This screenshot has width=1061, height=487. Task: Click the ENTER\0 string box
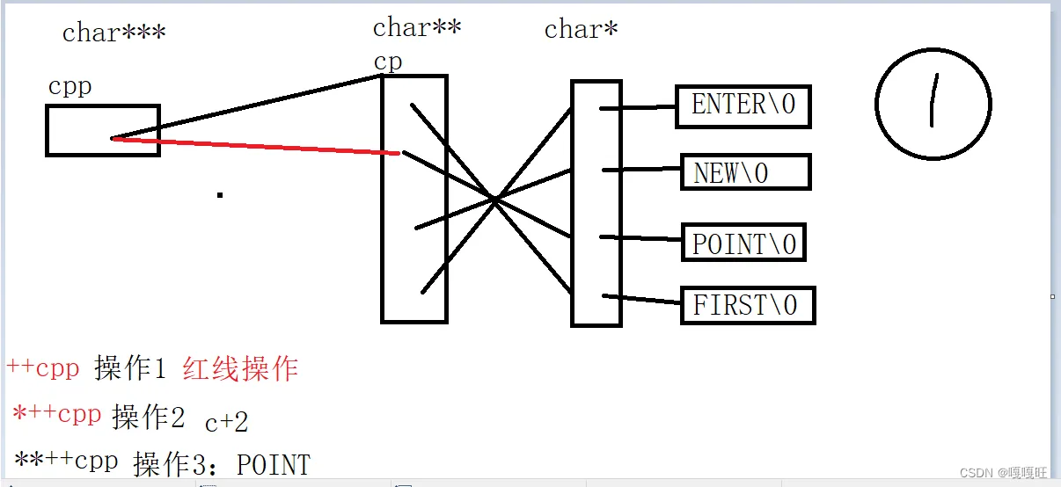pyautogui.click(x=743, y=106)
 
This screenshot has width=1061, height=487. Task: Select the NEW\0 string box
pyautogui.click(x=745, y=172)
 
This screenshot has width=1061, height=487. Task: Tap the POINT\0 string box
pyautogui.click(x=743, y=243)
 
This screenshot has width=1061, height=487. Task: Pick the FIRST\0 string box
pyautogui.click(x=748, y=305)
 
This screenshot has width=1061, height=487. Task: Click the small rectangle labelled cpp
pyautogui.click(x=102, y=130)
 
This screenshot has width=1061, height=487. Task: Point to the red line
pyautogui.click(x=255, y=146)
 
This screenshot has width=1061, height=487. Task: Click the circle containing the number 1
pyautogui.click(x=933, y=104)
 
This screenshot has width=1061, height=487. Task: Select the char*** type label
pyautogui.click(x=113, y=33)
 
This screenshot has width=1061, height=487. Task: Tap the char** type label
pyautogui.click(x=417, y=27)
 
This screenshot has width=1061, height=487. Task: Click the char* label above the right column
pyautogui.click(x=581, y=29)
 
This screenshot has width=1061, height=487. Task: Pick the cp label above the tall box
pyautogui.click(x=387, y=62)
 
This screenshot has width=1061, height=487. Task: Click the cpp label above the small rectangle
pyautogui.click(x=70, y=87)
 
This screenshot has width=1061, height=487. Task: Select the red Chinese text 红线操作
pyautogui.click(x=240, y=369)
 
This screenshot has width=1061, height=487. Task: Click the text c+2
pyautogui.click(x=226, y=423)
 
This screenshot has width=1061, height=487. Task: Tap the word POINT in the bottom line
pyautogui.click(x=274, y=464)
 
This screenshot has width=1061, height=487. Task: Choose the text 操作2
pyautogui.click(x=148, y=418)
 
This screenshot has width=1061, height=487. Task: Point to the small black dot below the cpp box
pyautogui.click(x=219, y=194)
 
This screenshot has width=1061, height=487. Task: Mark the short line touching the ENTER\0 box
pyautogui.click(x=638, y=108)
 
